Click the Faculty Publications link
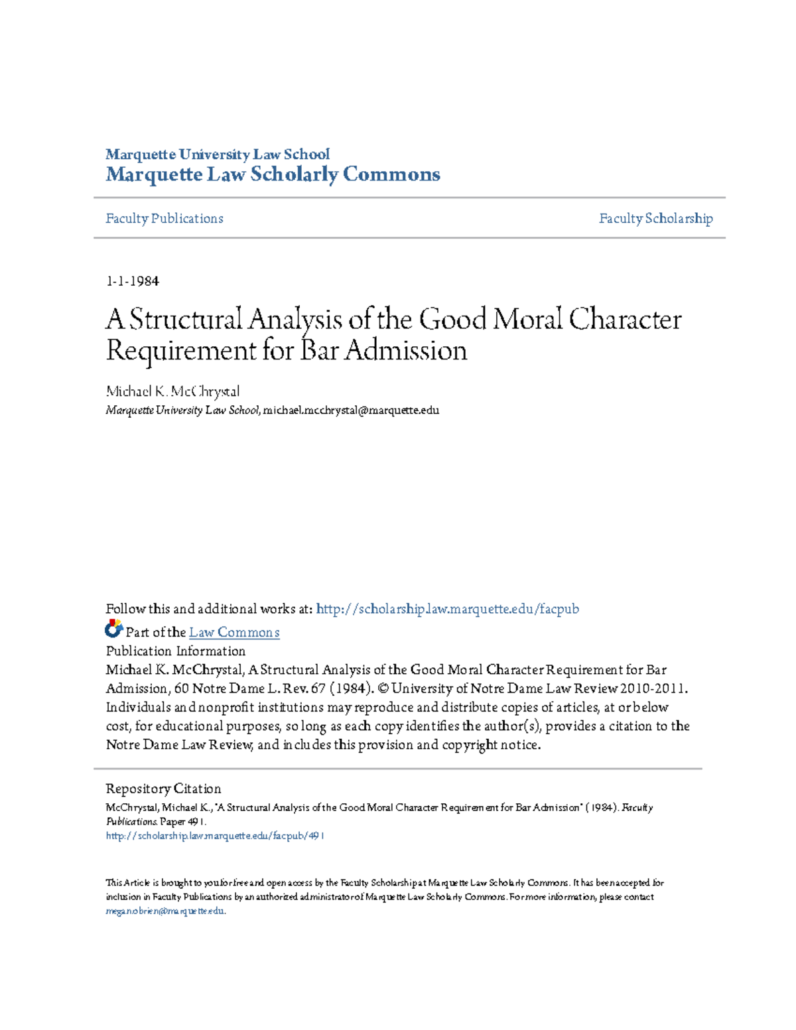(164, 218)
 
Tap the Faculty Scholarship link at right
(655, 218)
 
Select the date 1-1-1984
(132, 281)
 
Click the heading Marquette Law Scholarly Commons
(273, 174)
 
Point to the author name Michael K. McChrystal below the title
(172, 391)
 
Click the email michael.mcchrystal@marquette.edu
(351, 410)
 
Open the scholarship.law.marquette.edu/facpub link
(447, 609)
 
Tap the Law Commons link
(234, 632)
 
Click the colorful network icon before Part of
(113, 628)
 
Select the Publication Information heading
(175, 651)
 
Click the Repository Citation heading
(163, 789)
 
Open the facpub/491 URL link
(215, 836)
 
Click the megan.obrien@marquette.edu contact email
(165, 911)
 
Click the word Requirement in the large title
(180, 350)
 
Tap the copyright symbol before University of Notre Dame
(381, 688)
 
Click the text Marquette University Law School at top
(217, 155)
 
